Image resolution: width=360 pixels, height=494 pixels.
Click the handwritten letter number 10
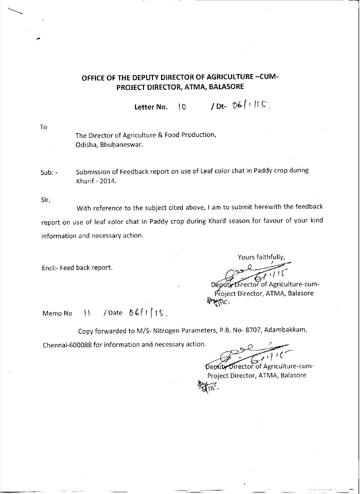coord(181,106)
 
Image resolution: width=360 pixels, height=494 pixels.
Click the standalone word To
coord(43,127)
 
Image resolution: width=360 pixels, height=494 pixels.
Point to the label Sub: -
coord(49,172)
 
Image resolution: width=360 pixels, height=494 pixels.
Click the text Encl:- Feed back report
coord(77,267)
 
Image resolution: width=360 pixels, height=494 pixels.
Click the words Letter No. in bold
coord(150,107)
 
